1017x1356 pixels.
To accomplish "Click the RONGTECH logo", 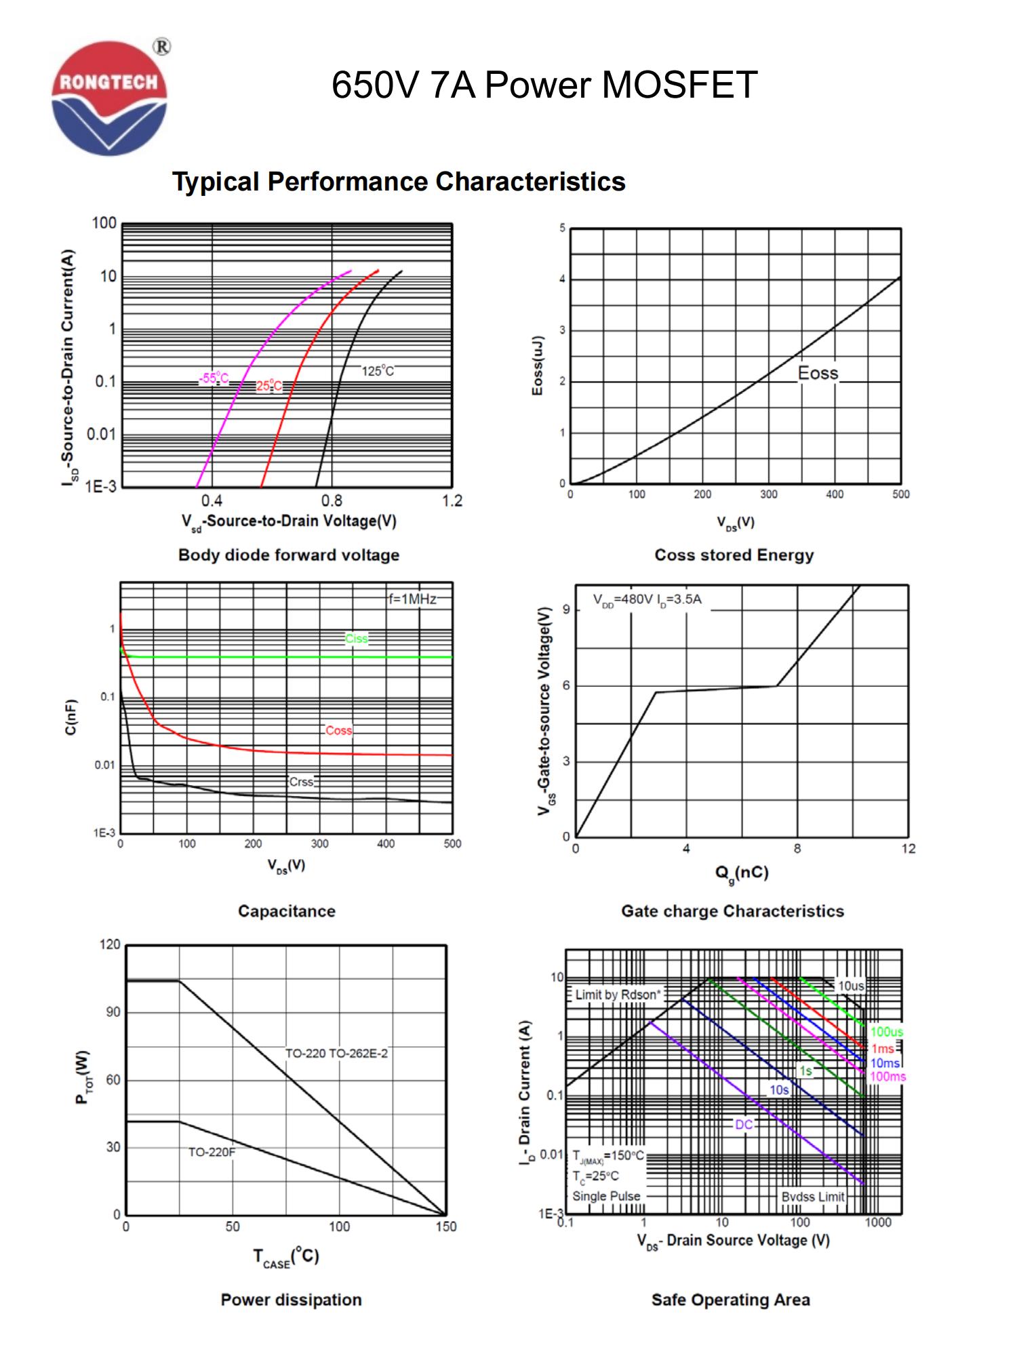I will coord(108,98).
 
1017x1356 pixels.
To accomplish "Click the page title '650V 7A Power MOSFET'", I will coord(544,86).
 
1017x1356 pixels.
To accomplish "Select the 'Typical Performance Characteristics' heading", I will coord(399,182).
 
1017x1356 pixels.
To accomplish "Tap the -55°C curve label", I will coord(214,378).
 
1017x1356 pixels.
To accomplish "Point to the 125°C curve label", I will coord(377,371).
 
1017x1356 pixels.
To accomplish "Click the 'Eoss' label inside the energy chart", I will coord(818,373).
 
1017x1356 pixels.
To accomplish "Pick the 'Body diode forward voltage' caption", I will coord(289,555).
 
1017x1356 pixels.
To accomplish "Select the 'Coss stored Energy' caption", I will coord(734,555).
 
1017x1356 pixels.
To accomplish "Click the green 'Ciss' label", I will coord(357,638).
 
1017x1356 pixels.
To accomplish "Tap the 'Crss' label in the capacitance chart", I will coord(302,782).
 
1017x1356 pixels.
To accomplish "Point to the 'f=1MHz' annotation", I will coord(412,599).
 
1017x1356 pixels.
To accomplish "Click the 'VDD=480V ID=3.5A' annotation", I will coord(647,599).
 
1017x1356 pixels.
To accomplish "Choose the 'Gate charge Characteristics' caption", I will coord(732,911).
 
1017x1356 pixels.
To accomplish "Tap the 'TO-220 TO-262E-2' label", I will coord(336,1054).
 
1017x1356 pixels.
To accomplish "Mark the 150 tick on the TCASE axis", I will coord(445,1227).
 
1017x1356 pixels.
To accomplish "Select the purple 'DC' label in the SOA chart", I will coord(744,1124).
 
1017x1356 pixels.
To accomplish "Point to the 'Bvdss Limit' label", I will coord(812,1197).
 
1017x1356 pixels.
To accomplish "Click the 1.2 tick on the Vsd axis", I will coord(452,501).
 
